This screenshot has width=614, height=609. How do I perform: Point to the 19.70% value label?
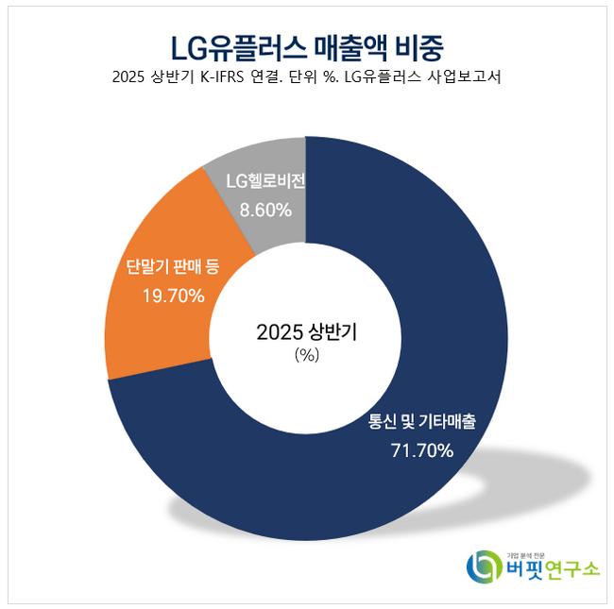coord(173,296)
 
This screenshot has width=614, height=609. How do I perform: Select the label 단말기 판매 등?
coord(173,267)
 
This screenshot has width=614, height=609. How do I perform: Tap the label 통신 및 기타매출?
coord(421,422)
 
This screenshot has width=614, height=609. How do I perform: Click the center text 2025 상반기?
coord(307,332)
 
